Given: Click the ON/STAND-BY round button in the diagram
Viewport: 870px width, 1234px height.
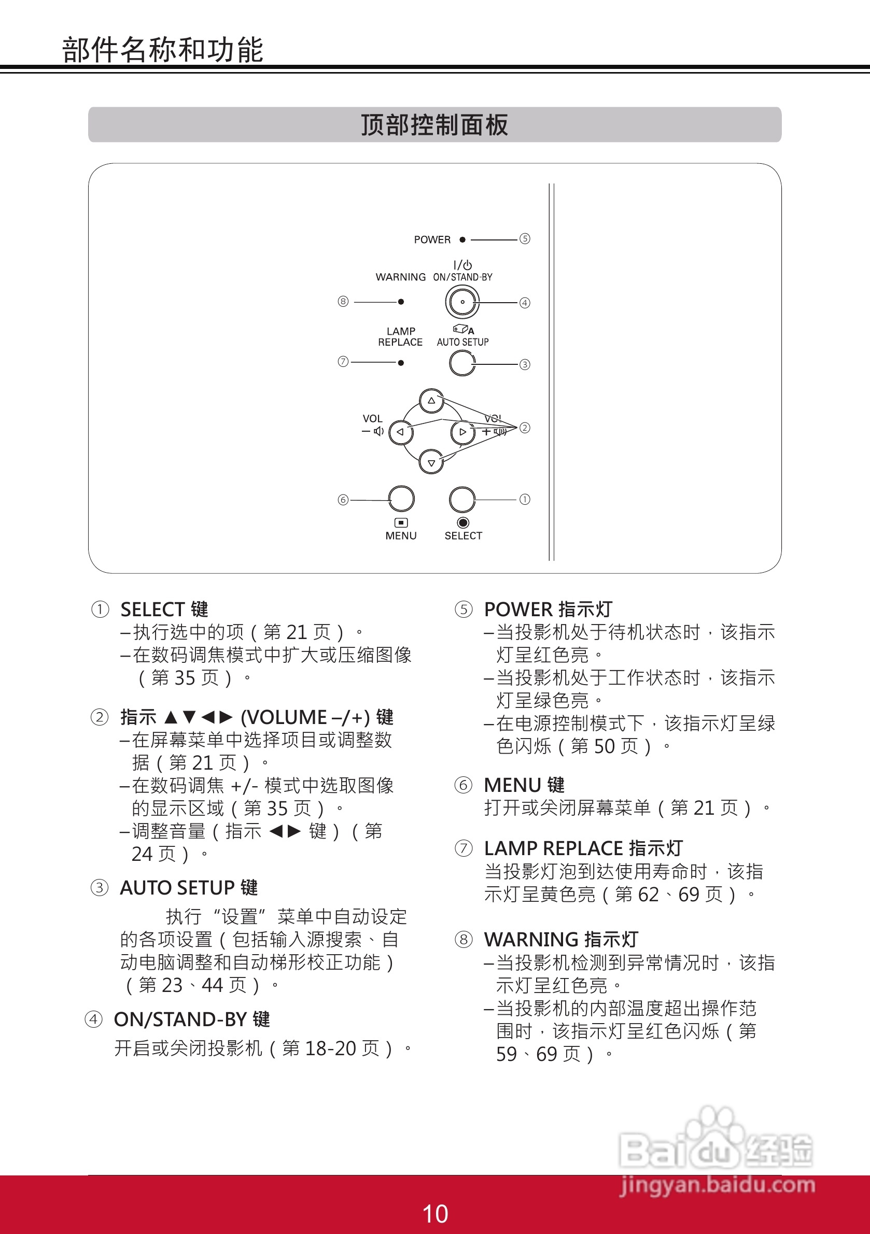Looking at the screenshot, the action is click(x=462, y=302).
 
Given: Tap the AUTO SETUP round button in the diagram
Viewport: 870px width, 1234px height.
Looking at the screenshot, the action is click(x=462, y=363).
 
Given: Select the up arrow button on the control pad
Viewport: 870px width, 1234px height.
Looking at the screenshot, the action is click(x=431, y=401).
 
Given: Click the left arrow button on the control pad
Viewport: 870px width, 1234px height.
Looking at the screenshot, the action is click(x=400, y=432).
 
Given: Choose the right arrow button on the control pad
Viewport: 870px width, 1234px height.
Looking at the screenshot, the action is click(x=462, y=432).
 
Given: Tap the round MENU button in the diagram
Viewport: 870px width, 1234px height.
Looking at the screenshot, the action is click(x=401, y=499).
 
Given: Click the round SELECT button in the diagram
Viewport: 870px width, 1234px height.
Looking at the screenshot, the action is click(x=462, y=500).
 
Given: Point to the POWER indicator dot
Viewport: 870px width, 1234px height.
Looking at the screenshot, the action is click(x=462, y=240).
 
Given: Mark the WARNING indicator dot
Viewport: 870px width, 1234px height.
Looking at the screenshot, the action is click(x=401, y=302).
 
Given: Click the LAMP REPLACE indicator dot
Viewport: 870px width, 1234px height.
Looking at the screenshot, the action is click(x=401, y=363).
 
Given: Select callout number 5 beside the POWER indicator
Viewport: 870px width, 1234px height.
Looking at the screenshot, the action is click(x=525, y=238).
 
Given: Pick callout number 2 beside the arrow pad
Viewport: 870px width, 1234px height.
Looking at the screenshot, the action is click(x=525, y=428).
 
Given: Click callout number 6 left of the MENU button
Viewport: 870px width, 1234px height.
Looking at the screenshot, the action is click(x=343, y=500).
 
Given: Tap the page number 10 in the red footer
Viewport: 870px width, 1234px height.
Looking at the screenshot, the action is click(x=435, y=1214).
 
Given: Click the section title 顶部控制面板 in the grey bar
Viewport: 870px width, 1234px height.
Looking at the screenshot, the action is click(x=434, y=125).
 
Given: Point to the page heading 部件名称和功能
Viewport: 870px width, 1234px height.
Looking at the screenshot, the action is click(x=162, y=50).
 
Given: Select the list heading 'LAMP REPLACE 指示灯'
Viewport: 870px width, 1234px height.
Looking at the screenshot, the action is click(x=583, y=848).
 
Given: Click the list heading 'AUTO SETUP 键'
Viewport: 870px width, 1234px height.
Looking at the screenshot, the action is click(x=189, y=888).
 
